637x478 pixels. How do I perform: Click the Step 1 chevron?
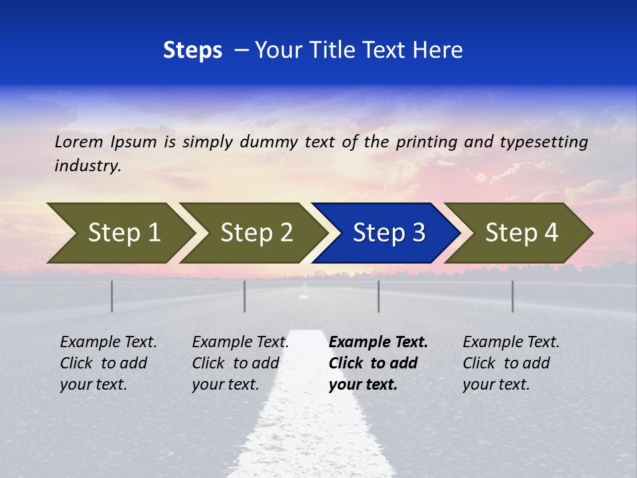point(119,233)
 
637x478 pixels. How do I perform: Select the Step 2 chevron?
point(252,233)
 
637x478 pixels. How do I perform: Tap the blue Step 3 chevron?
point(386,233)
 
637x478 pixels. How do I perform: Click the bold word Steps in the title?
point(192,50)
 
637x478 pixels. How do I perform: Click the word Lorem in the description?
point(78,141)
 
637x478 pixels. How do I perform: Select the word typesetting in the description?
point(543,141)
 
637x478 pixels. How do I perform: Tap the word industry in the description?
point(88,165)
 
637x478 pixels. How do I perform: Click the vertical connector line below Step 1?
point(112,296)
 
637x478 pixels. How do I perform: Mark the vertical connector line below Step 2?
point(245,296)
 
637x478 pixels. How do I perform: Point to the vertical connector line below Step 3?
point(379,296)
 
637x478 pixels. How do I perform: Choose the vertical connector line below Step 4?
point(513,296)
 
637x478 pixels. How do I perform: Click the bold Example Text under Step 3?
point(378,342)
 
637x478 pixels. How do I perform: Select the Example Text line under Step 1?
point(108,342)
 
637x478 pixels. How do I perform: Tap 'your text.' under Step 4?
point(496,384)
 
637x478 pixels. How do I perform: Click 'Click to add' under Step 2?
point(236,363)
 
